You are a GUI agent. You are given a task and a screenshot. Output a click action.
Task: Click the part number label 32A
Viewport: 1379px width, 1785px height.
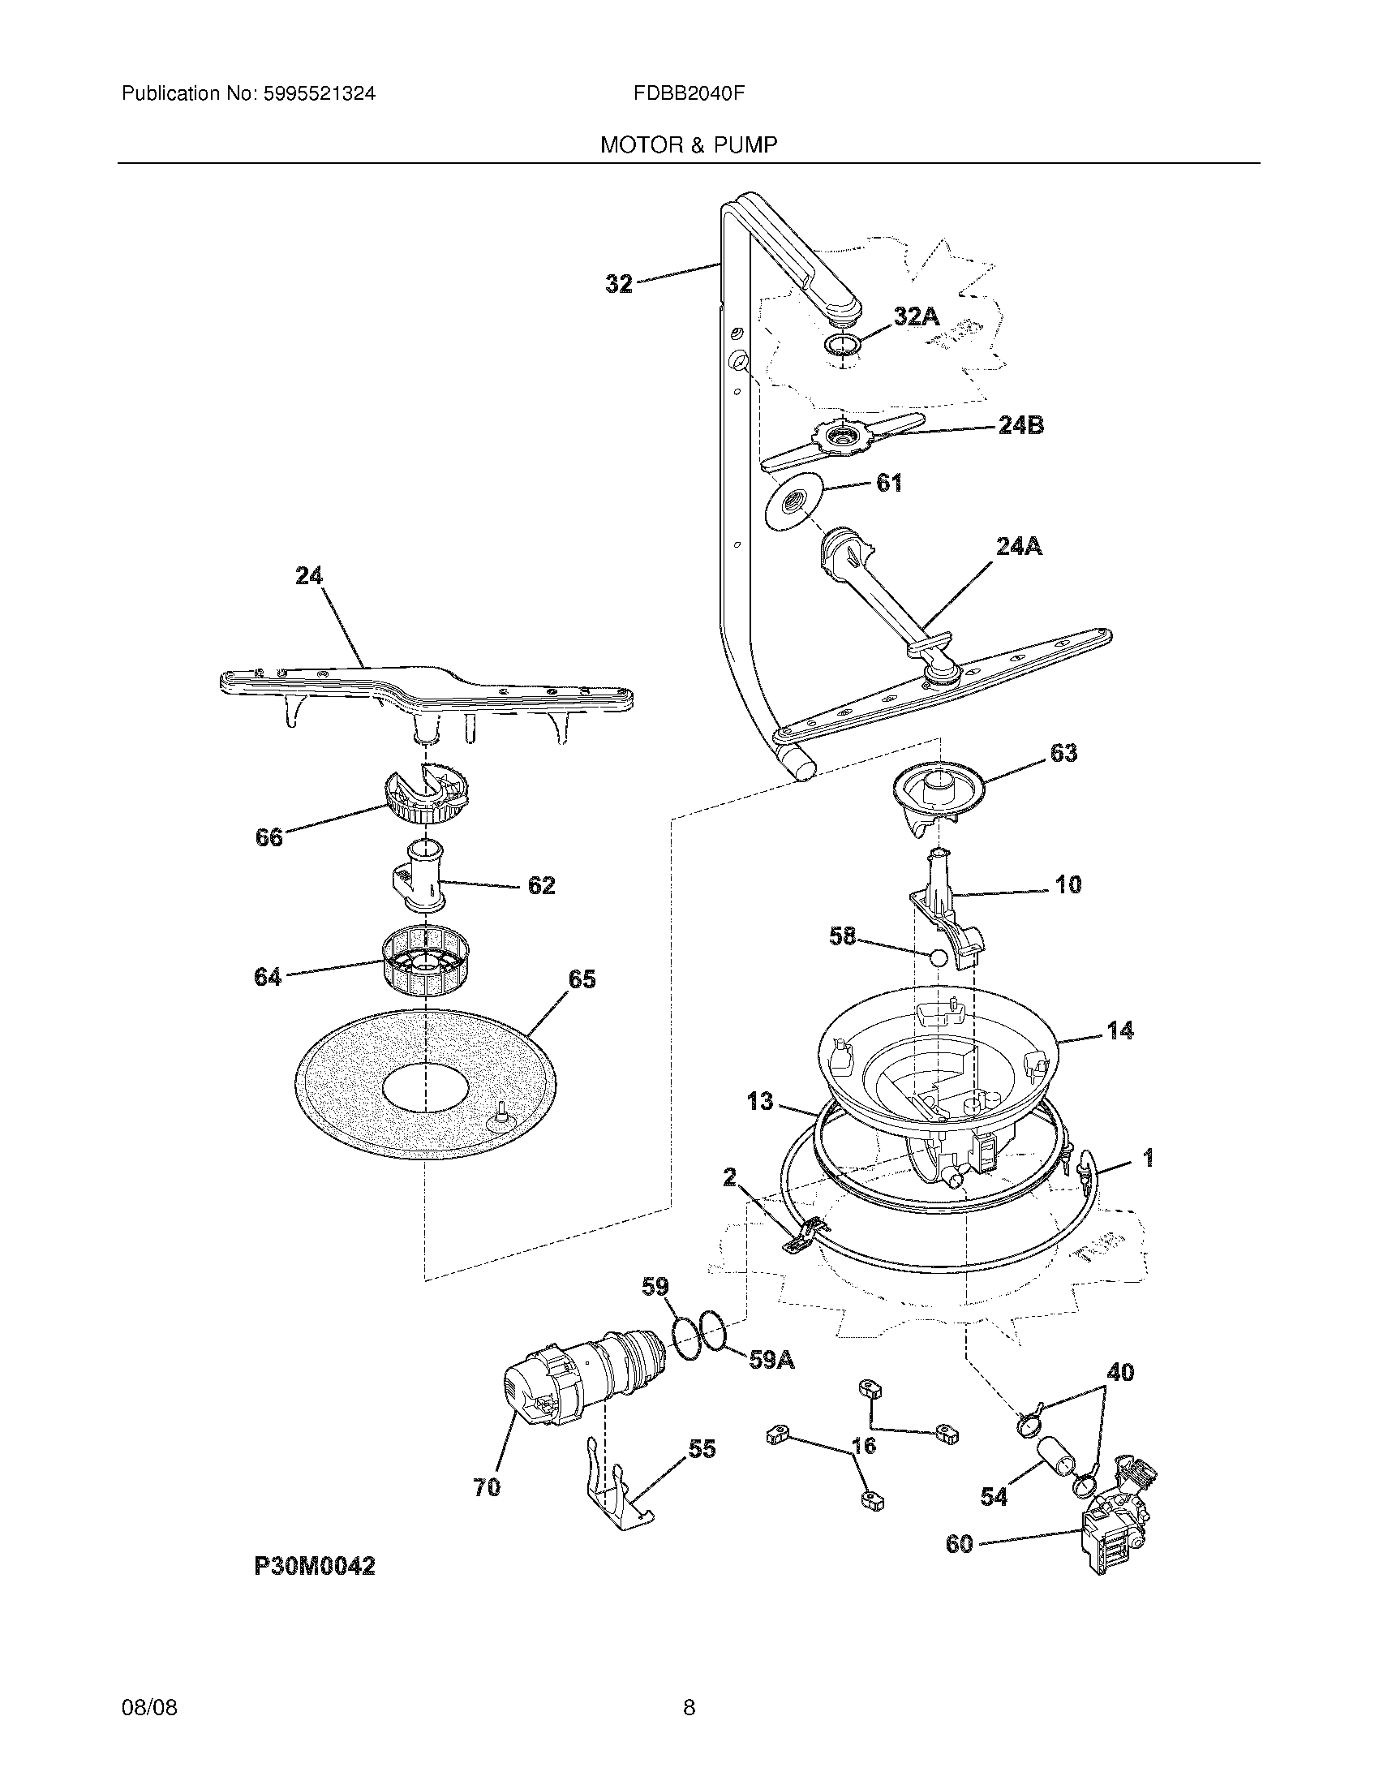click(916, 316)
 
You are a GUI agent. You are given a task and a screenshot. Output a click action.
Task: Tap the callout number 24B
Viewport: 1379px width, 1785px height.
click(1021, 425)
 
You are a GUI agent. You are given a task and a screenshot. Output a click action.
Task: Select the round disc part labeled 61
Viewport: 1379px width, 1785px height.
click(790, 507)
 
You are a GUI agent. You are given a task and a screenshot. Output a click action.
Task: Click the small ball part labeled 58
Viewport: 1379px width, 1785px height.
click(938, 958)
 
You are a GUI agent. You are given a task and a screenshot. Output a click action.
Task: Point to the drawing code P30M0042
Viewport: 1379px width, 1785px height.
click(315, 1567)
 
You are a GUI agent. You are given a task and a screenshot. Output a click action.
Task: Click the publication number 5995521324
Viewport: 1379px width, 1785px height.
click(320, 93)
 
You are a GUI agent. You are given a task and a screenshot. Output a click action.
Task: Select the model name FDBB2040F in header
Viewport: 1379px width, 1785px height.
click(689, 93)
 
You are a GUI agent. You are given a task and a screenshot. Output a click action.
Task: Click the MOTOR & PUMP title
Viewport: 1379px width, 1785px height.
click(689, 145)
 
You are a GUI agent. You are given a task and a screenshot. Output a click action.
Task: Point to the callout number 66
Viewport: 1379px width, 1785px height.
click(268, 837)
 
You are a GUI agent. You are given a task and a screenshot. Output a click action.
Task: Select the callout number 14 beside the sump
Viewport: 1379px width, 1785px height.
click(1120, 1030)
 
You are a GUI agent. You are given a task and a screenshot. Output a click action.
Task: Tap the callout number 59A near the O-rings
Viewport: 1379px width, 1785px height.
click(771, 1359)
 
